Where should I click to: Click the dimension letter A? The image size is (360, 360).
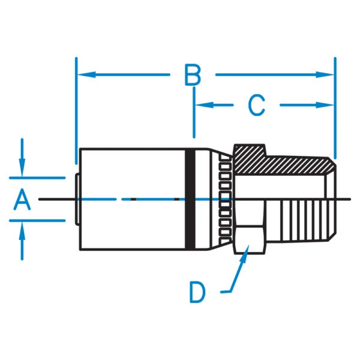pos(23,199)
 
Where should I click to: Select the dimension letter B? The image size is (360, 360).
pos(192,76)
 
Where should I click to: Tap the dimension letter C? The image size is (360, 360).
pos(256,106)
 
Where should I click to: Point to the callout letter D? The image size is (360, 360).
pos(197,292)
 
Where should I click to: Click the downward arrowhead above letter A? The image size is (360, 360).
pos(22,170)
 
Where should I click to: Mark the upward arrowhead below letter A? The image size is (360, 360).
pos(22,227)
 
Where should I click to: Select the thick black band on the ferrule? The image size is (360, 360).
pos(191,198)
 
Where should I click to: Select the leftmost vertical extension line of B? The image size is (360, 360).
pos(76,108)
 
